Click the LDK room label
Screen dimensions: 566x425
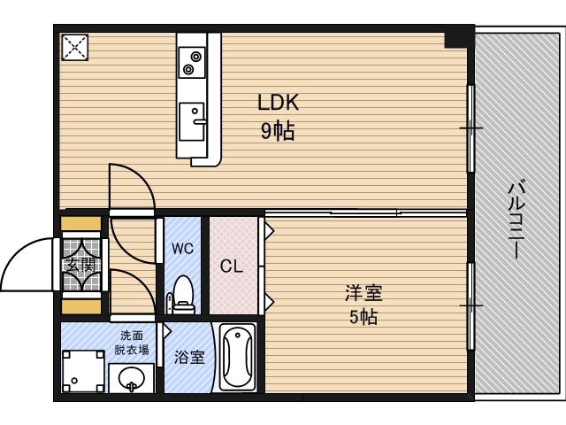coord(279,103)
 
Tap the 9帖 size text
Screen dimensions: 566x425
coord(278,130)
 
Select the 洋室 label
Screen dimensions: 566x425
coord(363,293)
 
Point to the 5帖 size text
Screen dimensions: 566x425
coord(363,317)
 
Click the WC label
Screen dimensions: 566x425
coord(182,248)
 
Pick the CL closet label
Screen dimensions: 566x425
coord(232,267)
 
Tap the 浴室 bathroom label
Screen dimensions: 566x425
coord(189,357)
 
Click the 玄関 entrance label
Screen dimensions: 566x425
coord(81,266)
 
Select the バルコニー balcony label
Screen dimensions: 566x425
coord(516,220)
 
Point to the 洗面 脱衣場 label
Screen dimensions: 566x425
coord(132,343)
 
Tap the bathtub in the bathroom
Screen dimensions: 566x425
coord(237,357)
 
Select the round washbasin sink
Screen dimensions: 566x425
coord(132,378)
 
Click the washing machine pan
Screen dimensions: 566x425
coord(83,371)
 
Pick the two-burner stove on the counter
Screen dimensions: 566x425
coord(191,63)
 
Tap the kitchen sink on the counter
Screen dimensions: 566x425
coord(193,121)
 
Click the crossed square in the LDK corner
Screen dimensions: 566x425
coord(74,47)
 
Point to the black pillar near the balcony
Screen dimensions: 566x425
coord(456,40)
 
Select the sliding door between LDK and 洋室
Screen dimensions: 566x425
coord(365,212)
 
